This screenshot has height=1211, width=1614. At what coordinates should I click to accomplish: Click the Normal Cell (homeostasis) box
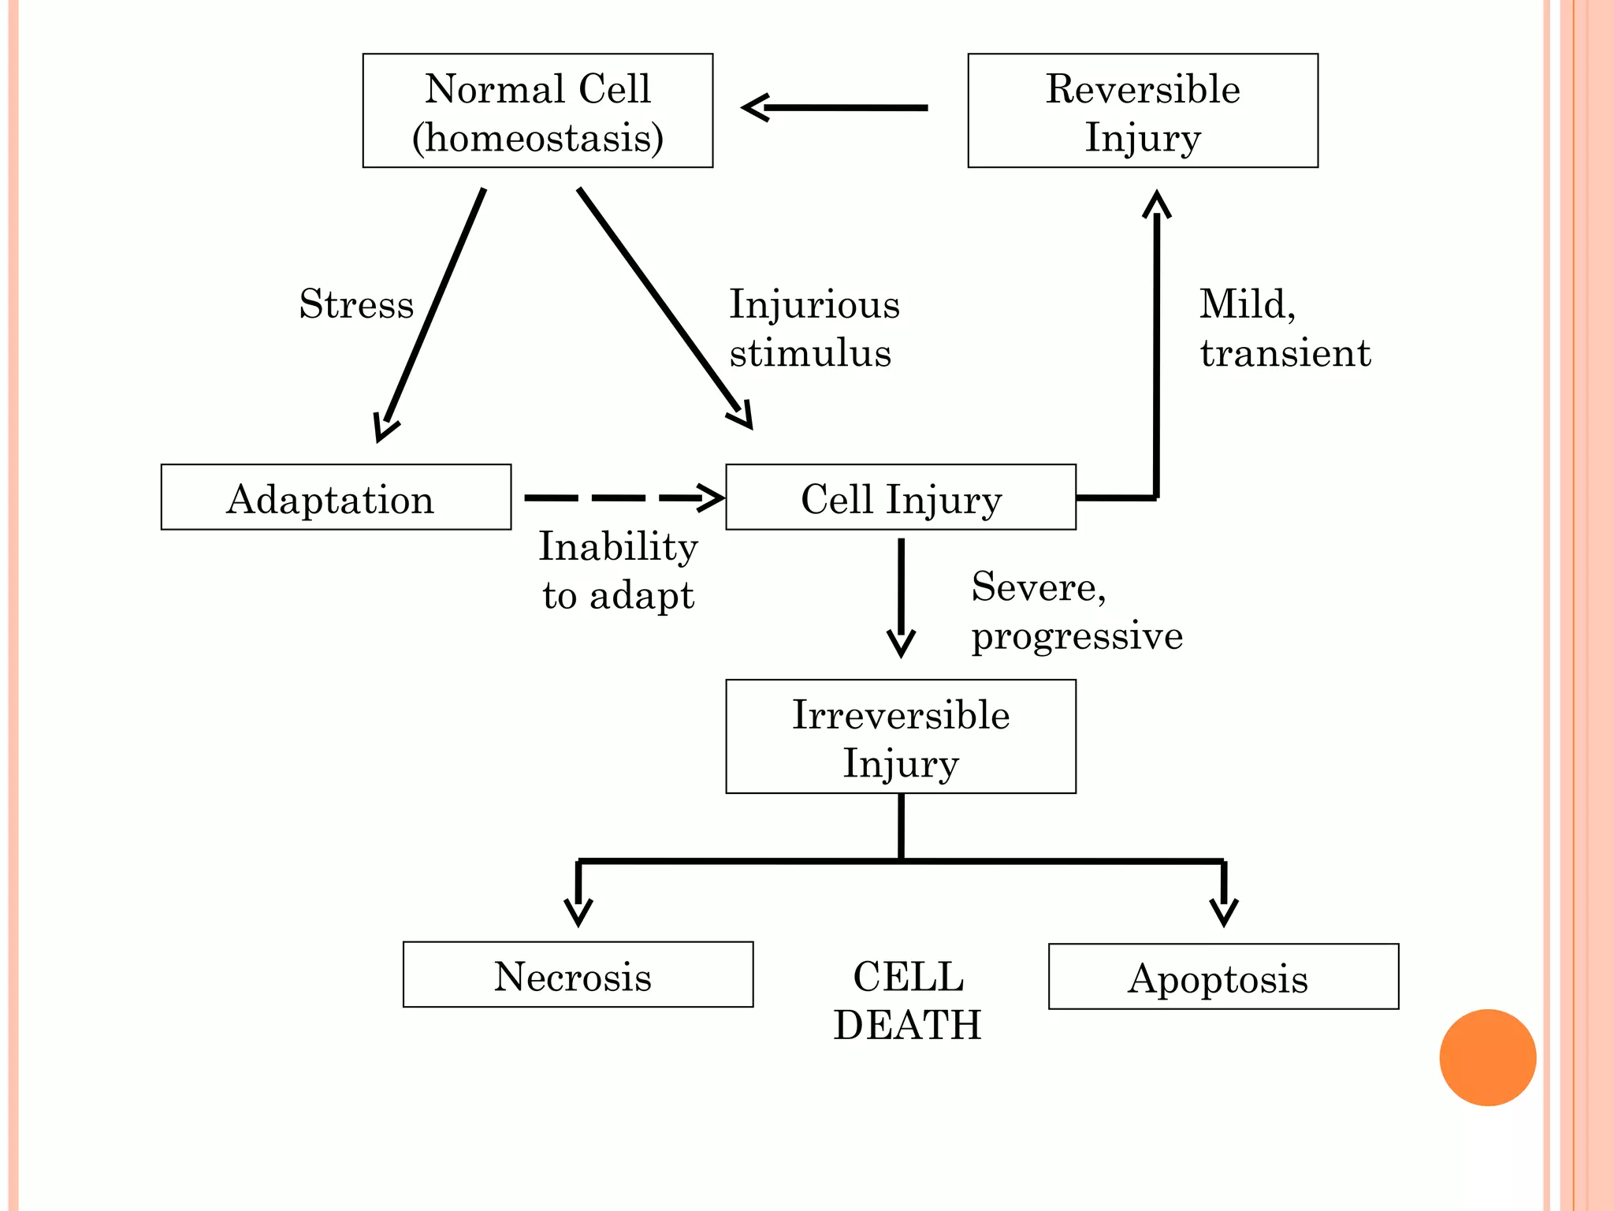tap(537, 110)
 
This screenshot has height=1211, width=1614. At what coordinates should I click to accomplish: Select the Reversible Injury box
tap(1143, 110)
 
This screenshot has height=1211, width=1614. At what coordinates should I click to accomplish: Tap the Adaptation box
tap(336, 497)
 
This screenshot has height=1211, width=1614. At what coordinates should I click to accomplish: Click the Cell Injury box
tap(900, 497)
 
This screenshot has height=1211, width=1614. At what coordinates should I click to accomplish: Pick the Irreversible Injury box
tap(900, 736)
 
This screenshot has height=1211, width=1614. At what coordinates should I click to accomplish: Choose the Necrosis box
tap(578, 974)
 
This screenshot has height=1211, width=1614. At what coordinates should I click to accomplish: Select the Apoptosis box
tap(1223, 977)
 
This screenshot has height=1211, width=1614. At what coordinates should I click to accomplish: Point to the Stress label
tap(356, 304)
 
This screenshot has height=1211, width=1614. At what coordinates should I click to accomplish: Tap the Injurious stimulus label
tap(813, 328)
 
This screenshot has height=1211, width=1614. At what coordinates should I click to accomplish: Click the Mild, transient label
tap(1285, 328)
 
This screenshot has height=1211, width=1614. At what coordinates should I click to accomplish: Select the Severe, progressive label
tap(1077, 611)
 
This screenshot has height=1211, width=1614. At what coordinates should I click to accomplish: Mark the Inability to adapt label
tap(619, 570)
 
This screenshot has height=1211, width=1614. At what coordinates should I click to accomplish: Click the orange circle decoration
tap(1487, 1057)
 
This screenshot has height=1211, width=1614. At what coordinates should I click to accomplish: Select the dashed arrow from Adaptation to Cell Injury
tap(623, 497)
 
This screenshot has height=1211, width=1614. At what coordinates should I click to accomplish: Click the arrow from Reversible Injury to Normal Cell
tap(835, 107)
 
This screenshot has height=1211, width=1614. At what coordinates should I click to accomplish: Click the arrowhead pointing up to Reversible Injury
tap(1156, 203)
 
